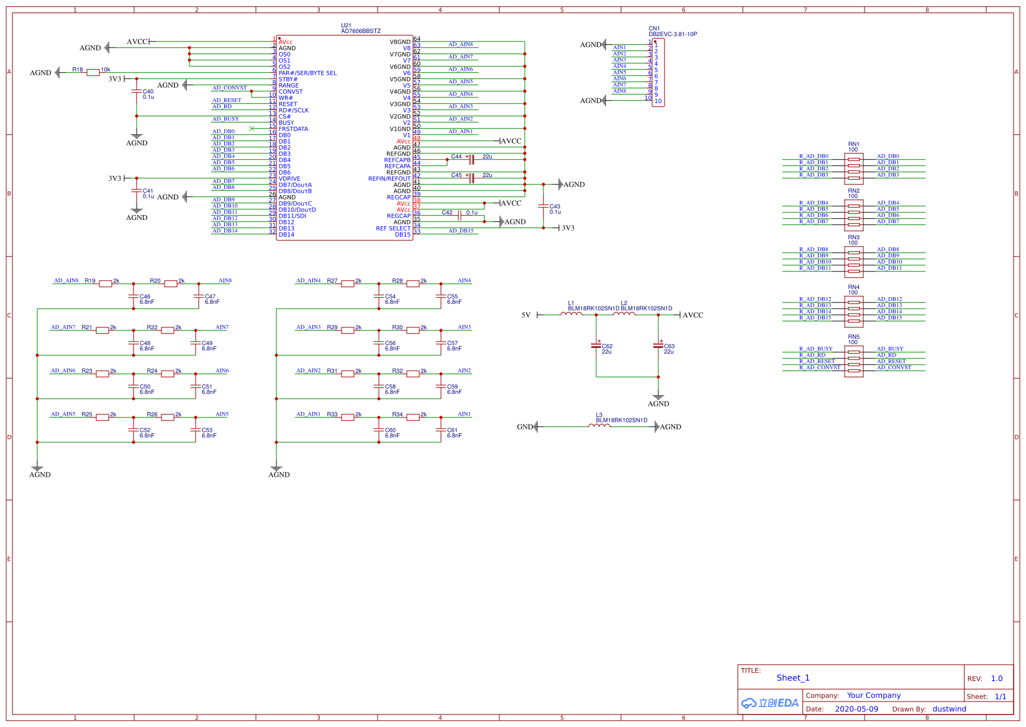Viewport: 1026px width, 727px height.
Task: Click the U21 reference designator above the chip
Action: point(346,25)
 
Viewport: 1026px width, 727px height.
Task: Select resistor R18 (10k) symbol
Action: point(93,73)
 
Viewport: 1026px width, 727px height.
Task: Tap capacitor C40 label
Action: point(148,91)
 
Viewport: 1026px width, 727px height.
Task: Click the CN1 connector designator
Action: point(654,29)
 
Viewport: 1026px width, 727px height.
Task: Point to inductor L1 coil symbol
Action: point(571,314)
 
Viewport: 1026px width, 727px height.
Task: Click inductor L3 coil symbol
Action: point(599,426)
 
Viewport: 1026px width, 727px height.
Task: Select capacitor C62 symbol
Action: point(596,345)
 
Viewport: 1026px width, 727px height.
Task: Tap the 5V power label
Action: point(526,315)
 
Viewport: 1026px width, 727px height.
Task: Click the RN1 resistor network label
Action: point(853,144)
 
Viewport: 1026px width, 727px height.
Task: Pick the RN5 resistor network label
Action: point(853,337)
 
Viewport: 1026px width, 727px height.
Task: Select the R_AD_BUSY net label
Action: point(815,349)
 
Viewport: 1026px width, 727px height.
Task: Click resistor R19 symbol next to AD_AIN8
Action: point(106,284)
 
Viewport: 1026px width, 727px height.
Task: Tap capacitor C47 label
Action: point(210,296)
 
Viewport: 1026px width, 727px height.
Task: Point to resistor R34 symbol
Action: point(413,418)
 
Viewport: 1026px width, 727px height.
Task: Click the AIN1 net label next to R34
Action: point(465,414)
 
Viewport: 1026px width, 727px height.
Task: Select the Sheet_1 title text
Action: point(792,678)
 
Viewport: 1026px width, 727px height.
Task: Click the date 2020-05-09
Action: point(856,709)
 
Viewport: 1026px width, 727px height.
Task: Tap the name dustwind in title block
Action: point(949,709)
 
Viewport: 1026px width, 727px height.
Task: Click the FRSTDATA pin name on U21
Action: point(293,129)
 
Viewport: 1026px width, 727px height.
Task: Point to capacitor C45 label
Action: point(456,175)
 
